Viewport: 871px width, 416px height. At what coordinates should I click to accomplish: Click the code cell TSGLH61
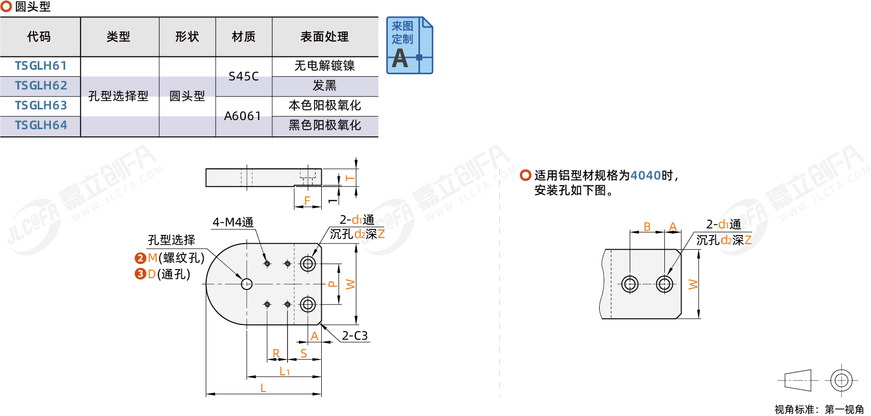tap(41, 66)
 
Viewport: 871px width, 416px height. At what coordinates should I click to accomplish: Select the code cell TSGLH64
tap(41, 126)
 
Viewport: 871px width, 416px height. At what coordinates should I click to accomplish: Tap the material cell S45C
tap(243, 76)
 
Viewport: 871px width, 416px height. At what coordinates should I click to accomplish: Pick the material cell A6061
tap(243, 116)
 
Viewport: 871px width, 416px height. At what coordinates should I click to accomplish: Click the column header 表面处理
tap(324, 37)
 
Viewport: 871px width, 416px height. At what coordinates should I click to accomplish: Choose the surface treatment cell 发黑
tap(324, 85)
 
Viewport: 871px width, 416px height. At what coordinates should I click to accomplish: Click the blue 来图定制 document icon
tap(409, 45)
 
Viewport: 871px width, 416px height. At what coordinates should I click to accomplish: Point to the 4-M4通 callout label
tap(233, 222)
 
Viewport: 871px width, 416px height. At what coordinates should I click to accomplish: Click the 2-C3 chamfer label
tap(355, 336)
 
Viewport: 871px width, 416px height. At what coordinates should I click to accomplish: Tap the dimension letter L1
tap(285, 372)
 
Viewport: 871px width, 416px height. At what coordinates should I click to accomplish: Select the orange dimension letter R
tap(276, 353)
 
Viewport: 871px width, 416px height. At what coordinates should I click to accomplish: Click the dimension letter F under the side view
tap(307, 201)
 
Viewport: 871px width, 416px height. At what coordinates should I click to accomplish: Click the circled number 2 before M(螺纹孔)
tap(141, 258)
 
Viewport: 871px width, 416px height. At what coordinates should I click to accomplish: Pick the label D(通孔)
tap(168, 274)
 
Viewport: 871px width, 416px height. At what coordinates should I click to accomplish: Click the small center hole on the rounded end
tap(247, 284)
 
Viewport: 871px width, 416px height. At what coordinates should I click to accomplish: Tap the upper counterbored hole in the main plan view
tap(307, 263)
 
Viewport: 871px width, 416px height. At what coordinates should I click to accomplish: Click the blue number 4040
tap(645, 175)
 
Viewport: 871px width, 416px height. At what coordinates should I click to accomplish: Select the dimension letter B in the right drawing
tap(647, 227)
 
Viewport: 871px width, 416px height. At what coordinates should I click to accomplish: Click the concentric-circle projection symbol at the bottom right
tap(841, 380)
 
